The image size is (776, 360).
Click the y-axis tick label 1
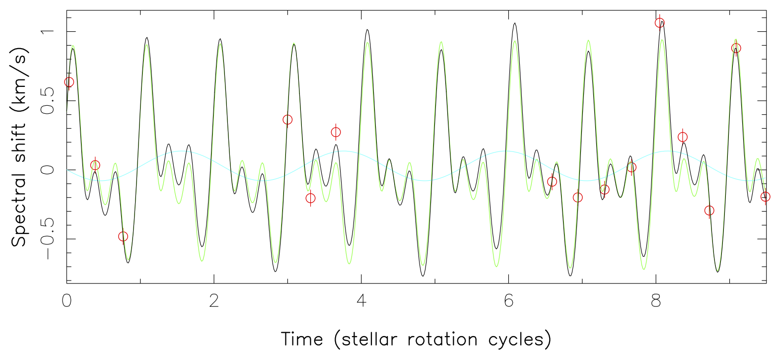(x=48, y=31)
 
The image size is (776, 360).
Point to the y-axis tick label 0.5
(x=48, y=101)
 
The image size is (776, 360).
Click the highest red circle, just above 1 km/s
(x=659, y=22)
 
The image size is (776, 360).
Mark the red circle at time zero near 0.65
(x=69, y=82)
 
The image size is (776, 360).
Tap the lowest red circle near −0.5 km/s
(x=123, y=236)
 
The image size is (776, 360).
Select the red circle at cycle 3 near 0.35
(x=287, y=120)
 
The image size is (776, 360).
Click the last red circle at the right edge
(x=766, y=197)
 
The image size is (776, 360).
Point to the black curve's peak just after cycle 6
(x=515, y=23)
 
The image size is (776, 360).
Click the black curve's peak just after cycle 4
(x=367, y=30)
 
